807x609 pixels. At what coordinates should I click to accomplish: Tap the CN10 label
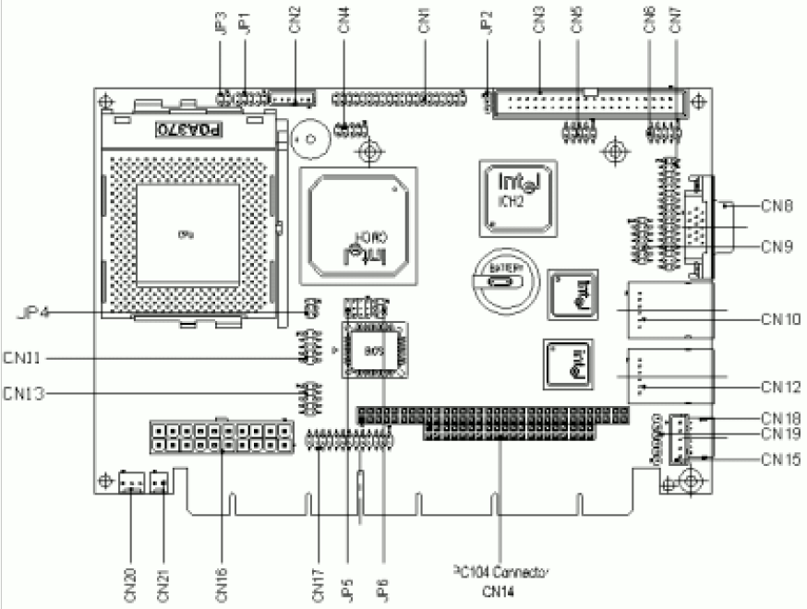[781, 319]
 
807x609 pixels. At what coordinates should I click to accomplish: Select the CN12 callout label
[781, 386]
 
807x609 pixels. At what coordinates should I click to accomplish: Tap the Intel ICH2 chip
[516, 193]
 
